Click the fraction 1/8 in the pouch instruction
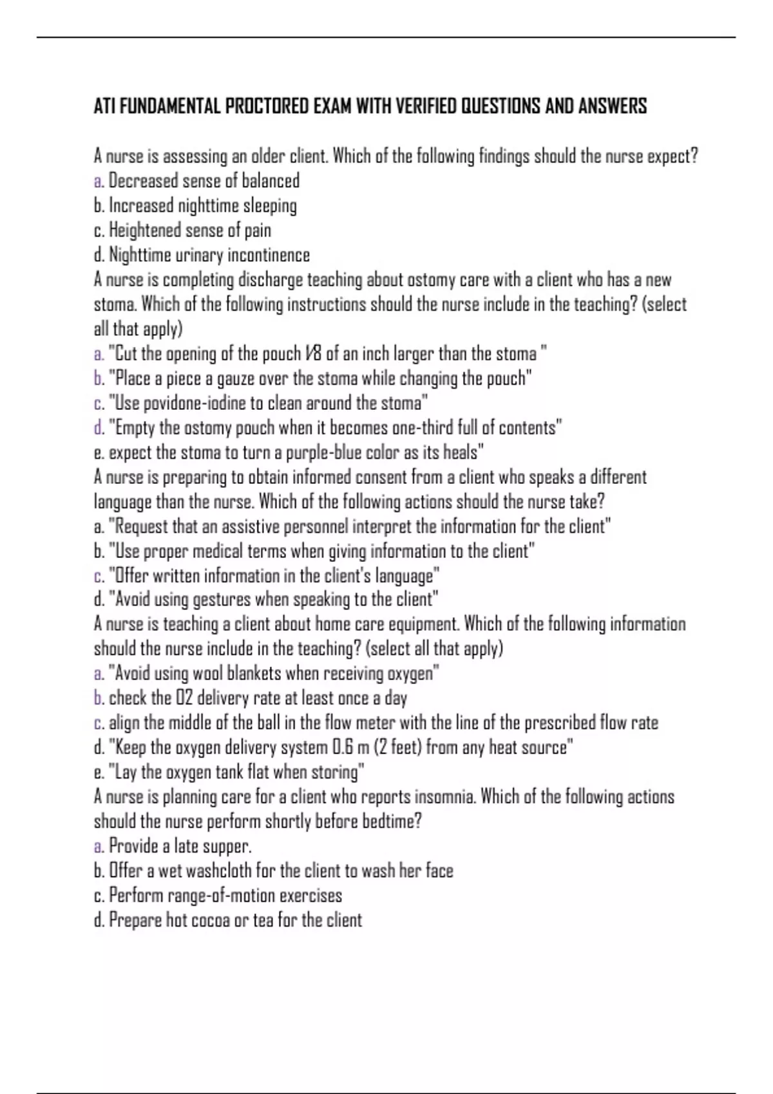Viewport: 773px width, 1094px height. [313, 354]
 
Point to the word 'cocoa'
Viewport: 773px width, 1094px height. [211, 920]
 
